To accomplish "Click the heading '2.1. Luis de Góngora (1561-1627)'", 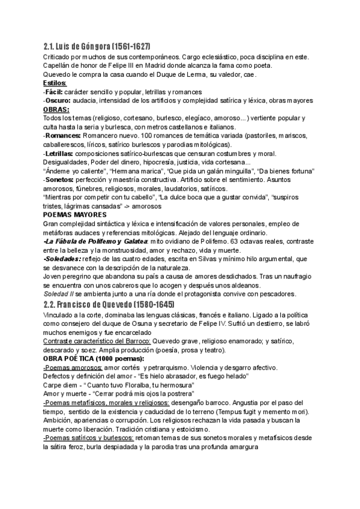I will coord(97,47).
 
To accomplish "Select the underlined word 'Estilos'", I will coord(55,83).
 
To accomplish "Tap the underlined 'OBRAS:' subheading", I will coord(56,109).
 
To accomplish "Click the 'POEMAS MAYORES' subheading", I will coord(75,214).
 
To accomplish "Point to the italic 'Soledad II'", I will coord(59,294).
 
